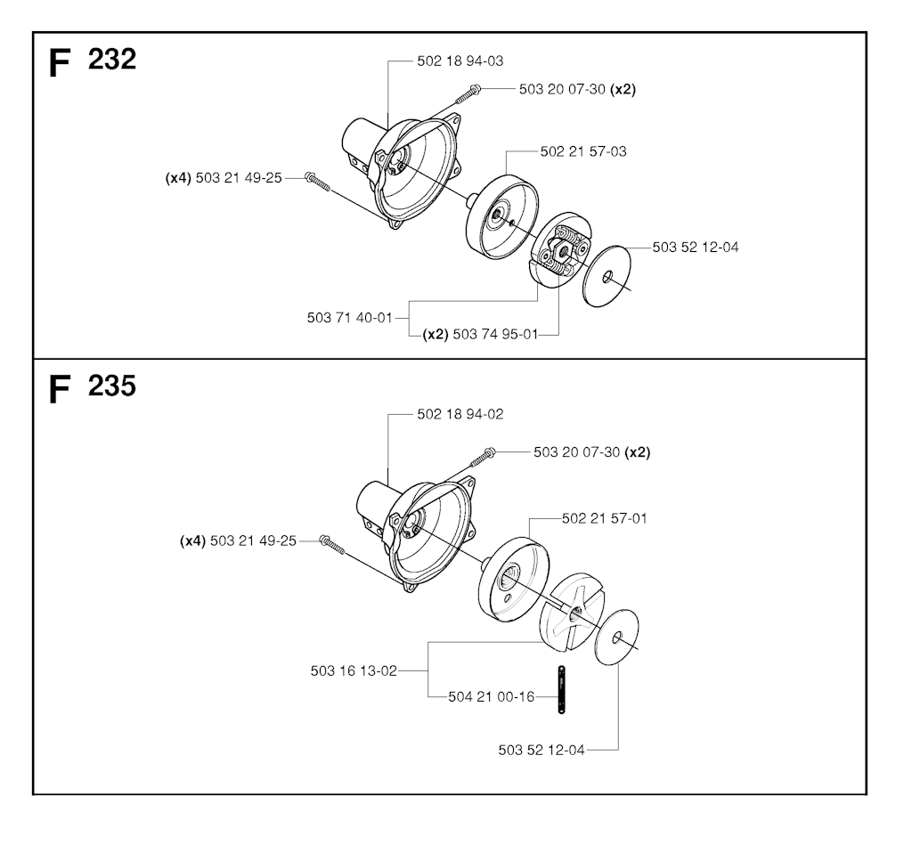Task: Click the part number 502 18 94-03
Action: (x=460, y=61)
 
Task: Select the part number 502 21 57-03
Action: (x=583, y=151)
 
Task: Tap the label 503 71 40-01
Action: (x=350, y=318)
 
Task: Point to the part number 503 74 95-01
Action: (x=495, y=334)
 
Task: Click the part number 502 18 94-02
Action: (x=460, y=415)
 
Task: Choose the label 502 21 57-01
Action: (x=605, y=518)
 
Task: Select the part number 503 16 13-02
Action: (x=354, y=671)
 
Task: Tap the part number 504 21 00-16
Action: (x=492, y=696)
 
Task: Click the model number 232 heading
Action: (x=112, y=60)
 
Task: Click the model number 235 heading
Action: (x=112, y=386)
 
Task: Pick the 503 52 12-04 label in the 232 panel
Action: (x=696, y=248)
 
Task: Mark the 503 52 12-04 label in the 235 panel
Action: (x=541, y=750)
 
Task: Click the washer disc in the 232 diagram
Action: (x=607, y=276)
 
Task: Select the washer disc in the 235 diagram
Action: (x=617, y=638)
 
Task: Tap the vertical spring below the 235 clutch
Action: (x=561, y=689)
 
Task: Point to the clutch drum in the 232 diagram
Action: (x=501, y=217)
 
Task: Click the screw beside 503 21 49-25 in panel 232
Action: (x=318, y=182)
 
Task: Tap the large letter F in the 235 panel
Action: (x=60, y=389)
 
